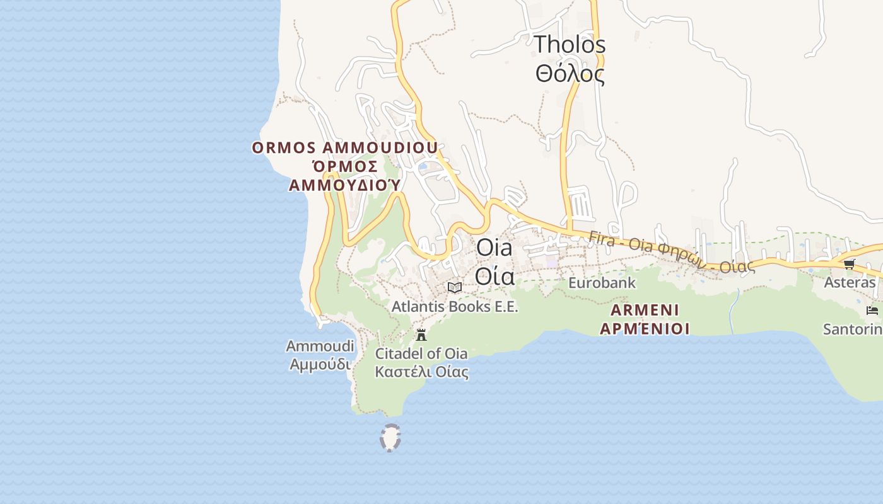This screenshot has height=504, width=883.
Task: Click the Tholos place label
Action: click(x=570, y=45)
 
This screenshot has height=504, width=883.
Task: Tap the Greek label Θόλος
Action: click(x=570, y=74)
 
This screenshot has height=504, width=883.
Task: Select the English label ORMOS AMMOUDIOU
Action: click(x=344, y=148)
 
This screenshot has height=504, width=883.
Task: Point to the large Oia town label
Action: click(x=494, y=248)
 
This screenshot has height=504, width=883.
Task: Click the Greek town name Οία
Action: click(x=494, y=276)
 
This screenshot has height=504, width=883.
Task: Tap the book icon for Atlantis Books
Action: click(x=454, y=288)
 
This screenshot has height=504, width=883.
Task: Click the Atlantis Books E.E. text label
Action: click(x=454, y=307)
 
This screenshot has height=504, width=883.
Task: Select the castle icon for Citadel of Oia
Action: click(x=421, y=335)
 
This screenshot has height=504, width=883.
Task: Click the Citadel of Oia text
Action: click(x=421, y=353)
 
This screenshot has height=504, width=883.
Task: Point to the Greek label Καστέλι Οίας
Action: click(x=421, y=372)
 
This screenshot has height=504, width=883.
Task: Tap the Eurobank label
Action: click(x=602, y=283)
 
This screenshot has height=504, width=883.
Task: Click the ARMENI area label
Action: click(x=644, y=310)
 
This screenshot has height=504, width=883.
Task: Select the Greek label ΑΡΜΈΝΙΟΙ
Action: click(x=644, y=328)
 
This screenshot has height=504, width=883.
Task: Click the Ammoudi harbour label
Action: click(x=320, y=346)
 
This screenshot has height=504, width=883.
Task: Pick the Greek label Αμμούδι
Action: click(x=320, y=364)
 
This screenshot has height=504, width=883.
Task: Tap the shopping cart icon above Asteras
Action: click(x=849, y=264)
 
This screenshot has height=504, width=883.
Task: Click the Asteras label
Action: click(x=850, y=282)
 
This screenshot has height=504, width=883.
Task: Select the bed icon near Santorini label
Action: click(x=872, y=310)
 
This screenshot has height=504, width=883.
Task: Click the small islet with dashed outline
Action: click(x=390, y=438)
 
